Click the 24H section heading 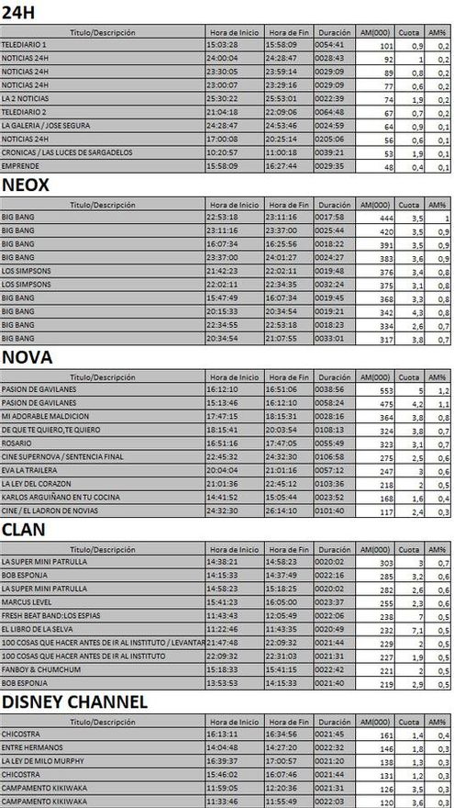click(19, 11)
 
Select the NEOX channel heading click(26, 185)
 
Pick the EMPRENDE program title click(21, 167)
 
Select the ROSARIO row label click(17, 443)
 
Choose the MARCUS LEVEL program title click(28, 603)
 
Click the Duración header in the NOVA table click(336, 376)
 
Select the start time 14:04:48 click(223, 748)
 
